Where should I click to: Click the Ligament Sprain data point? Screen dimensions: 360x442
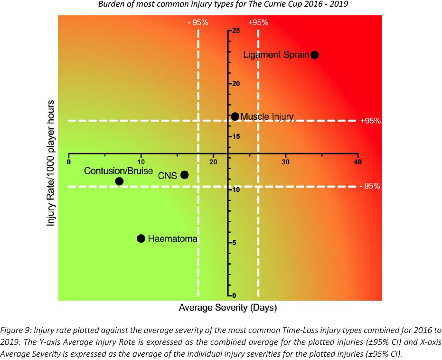coord(314,55)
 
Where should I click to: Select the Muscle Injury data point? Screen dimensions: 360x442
coord(235,116)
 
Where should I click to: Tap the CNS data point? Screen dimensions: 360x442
coord(185,175)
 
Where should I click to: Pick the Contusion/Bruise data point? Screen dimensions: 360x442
coord(119,181)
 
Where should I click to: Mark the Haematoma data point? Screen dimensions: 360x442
coord(141,238)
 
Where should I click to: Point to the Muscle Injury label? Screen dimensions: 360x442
coord(267,116)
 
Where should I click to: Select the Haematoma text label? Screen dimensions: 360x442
coord(172,238)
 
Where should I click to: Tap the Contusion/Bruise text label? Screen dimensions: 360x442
coord(118,171)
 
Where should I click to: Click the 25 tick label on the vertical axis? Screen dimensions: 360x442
coord(236,31)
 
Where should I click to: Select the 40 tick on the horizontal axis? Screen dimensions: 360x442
coord(358,162)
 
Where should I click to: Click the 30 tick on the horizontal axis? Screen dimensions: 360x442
coord(286,162)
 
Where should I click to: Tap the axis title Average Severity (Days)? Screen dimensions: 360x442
coord(227,307)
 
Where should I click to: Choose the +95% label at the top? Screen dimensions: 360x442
coord(258,22)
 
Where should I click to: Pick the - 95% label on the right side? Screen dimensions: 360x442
coord(370,186)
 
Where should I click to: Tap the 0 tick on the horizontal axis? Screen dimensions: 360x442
coord(69,162)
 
